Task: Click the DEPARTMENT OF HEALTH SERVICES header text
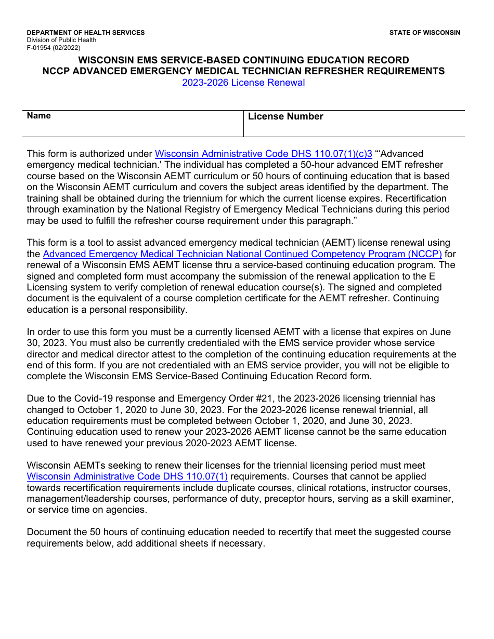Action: [86, 33]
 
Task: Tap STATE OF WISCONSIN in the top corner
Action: [424, 33]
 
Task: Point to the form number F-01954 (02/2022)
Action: [54, 47]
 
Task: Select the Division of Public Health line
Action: [61, 40]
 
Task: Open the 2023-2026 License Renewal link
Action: [243, 83]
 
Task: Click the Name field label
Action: [39, 116]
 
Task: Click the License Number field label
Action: [285, 116]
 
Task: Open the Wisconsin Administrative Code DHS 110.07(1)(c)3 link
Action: [264, 154]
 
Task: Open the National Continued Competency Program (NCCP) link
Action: [242, 254]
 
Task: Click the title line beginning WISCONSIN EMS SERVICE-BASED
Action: [243, 60]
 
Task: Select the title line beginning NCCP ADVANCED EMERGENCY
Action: [243, 71]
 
